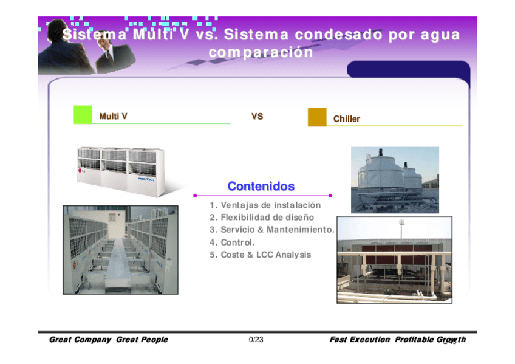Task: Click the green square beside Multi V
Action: [x=83, y=115]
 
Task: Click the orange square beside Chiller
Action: [x=317, y=117]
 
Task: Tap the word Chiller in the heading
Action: [x=346, y=119]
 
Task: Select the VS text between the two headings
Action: [x=257, y=116]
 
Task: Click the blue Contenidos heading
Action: [x=261, y=186]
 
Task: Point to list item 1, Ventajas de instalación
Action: [x=265, y=205]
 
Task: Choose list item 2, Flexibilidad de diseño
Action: [x=262, y=218]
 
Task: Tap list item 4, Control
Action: [x=232, y=242]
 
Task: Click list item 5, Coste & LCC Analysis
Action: [x=260, y=255]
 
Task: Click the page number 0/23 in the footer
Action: [x=256, y=340]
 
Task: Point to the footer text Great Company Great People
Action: [x=108, y=340]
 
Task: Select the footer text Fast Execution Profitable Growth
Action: [x=397, y=340]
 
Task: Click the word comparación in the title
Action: [x=261, y=52]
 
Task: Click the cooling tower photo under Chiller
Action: [x=395, y=180]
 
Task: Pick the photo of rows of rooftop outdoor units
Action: [x=120, y=250]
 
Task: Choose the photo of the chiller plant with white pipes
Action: [x=394, y=255]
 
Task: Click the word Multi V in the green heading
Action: [x=113, y=116]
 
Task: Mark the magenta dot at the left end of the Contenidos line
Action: [x=195, y=196]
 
